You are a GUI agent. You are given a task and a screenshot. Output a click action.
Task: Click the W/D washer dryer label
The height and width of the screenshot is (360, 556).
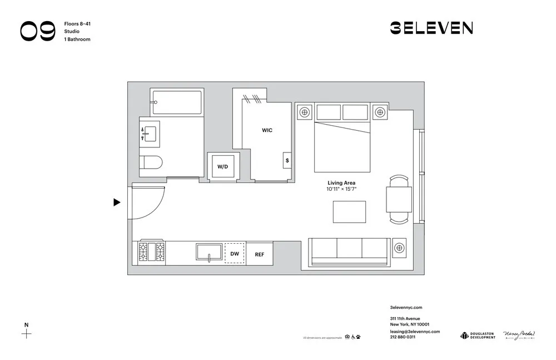222,166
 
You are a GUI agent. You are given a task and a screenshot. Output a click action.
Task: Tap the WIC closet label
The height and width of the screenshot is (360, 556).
267,130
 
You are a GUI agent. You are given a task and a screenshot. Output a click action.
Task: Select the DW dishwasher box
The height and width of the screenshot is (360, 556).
234,254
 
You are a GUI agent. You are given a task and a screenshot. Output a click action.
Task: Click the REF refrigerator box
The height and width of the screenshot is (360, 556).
260,254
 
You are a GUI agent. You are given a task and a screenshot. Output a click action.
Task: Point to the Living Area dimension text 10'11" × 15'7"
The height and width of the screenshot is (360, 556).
341,189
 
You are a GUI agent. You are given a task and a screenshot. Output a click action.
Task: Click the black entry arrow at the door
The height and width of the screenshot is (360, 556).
117,202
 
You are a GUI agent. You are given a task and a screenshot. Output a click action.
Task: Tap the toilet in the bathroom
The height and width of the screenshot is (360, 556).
150,162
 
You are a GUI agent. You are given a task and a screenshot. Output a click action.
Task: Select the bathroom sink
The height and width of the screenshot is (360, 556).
150,133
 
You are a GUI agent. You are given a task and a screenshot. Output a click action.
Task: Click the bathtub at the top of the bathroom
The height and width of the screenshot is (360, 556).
177,102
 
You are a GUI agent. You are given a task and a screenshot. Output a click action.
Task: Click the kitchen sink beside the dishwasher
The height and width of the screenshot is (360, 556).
210,251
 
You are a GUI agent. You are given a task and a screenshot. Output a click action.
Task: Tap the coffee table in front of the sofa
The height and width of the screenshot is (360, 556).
349,211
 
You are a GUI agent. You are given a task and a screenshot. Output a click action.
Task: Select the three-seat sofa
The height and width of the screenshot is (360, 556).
349,251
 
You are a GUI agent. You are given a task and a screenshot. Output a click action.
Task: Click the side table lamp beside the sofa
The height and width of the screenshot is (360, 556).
400,248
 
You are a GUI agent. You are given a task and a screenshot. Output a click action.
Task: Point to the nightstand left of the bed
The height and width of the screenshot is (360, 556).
304,112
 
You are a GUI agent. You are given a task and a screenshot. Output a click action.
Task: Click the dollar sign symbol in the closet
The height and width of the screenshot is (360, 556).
287,160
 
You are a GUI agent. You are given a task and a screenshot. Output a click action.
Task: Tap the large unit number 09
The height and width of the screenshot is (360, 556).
38,31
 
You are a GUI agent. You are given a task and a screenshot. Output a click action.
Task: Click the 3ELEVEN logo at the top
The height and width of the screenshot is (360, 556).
431,28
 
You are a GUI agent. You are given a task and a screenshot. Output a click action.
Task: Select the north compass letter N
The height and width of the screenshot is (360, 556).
26,325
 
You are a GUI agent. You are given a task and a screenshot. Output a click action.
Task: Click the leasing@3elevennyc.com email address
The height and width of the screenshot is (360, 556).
415,331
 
